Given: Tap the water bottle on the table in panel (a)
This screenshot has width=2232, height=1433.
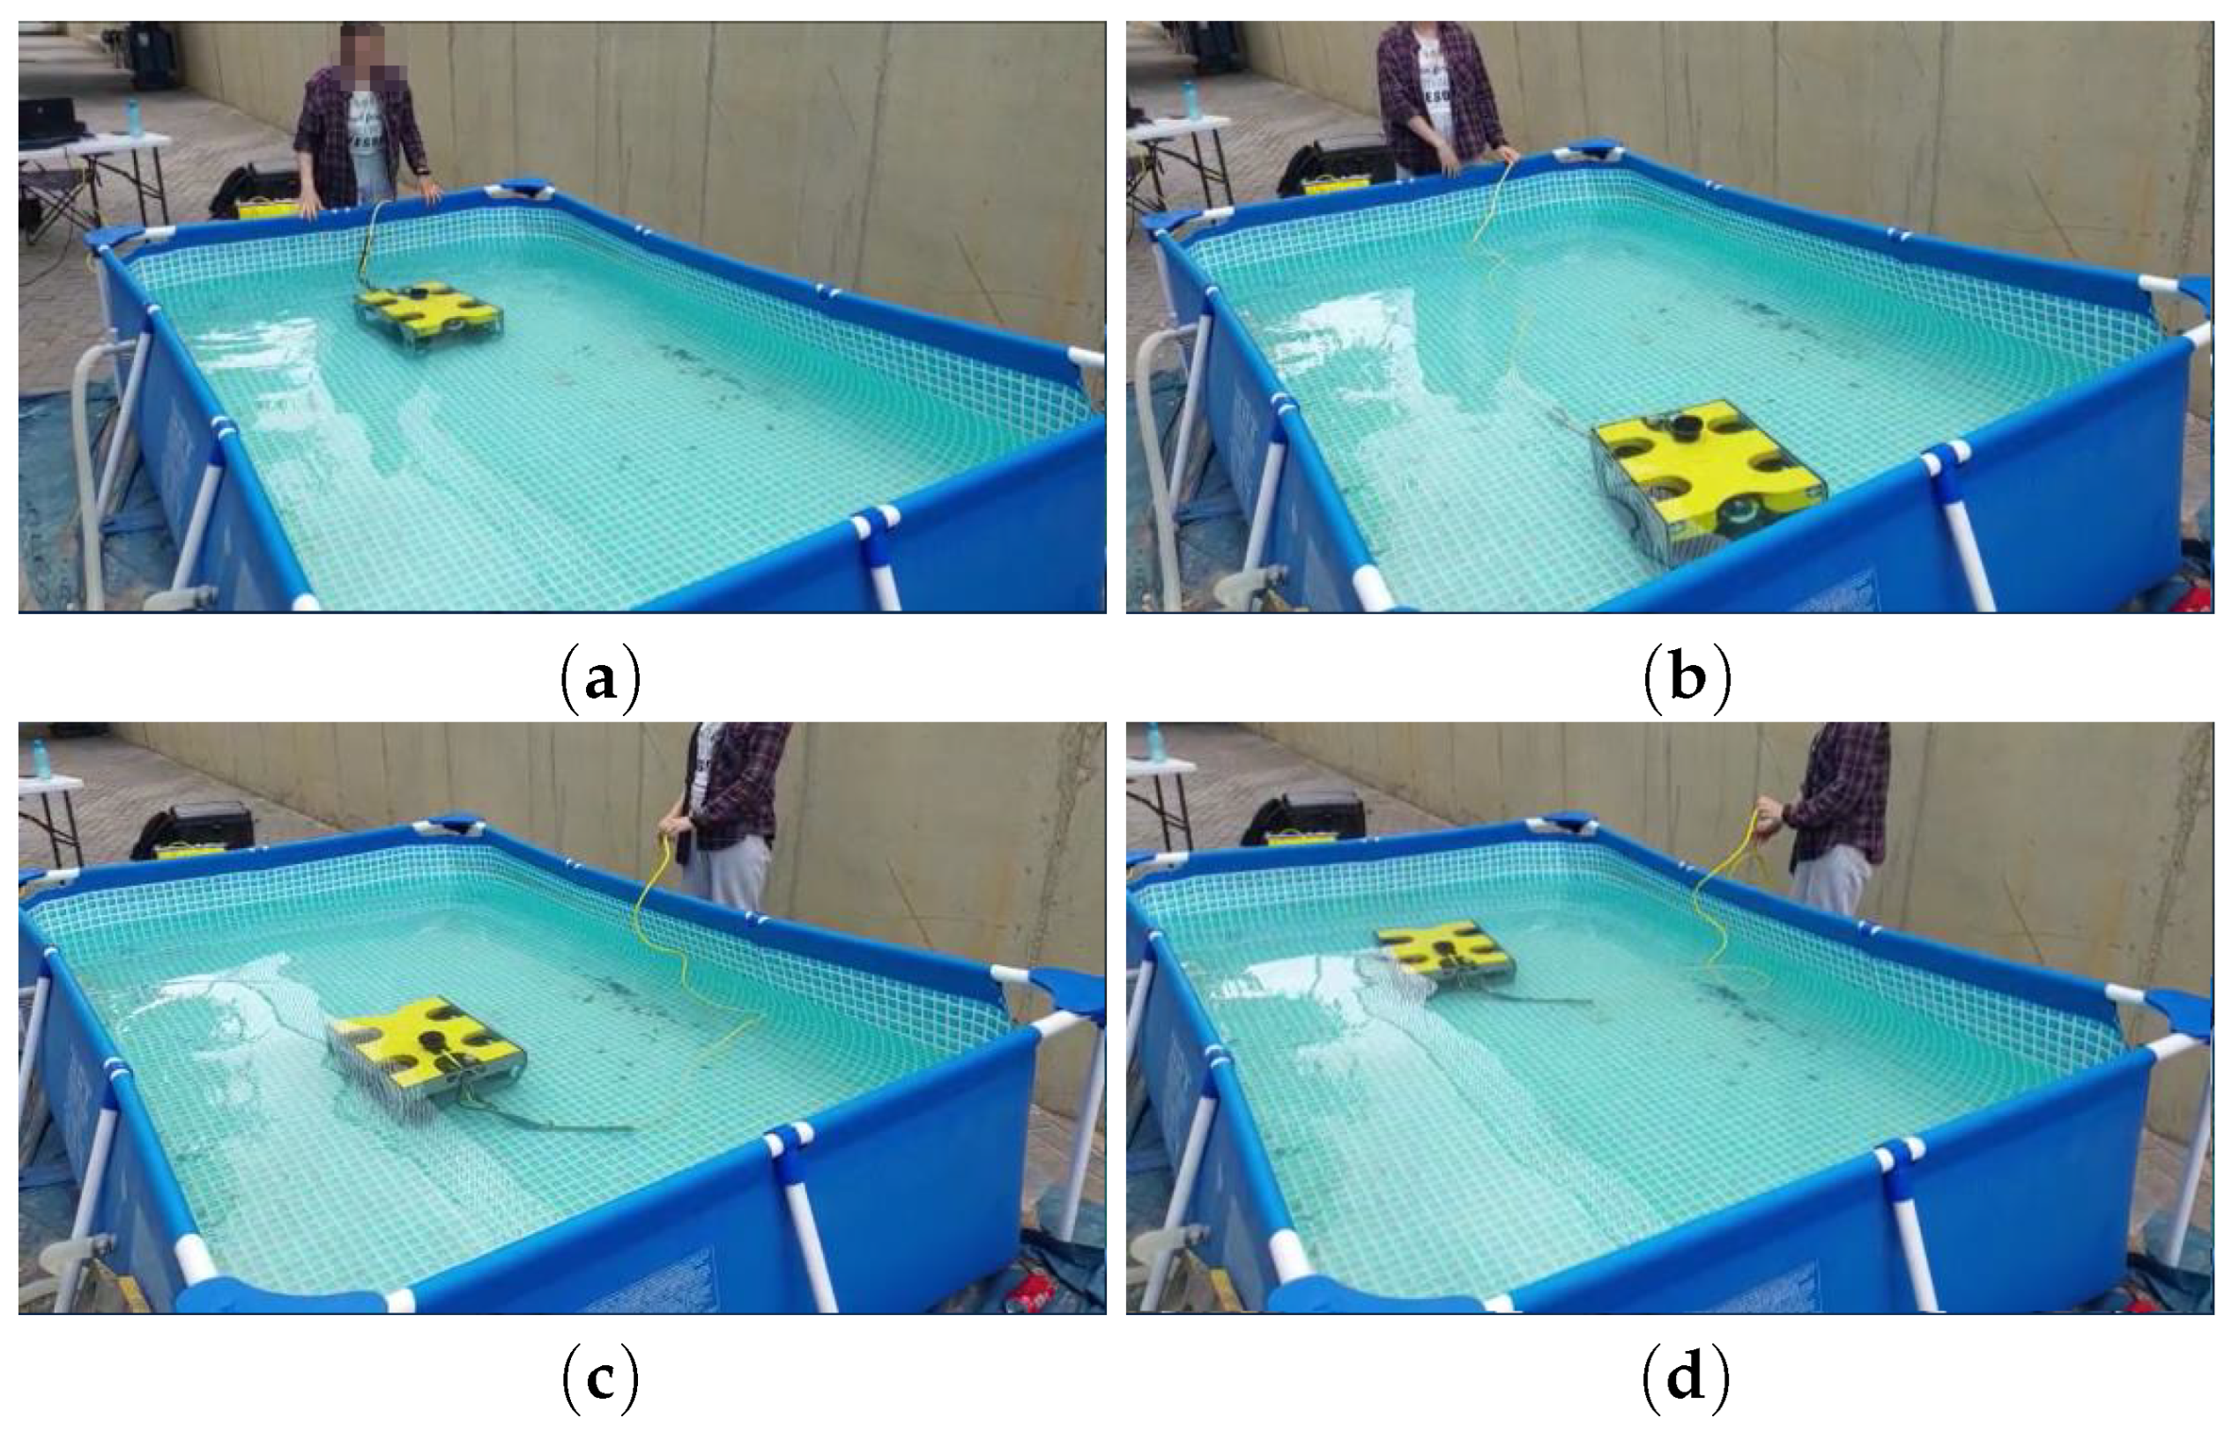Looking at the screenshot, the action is [x=133, y=117].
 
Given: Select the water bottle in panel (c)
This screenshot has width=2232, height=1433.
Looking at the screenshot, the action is [x=41, y=758].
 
